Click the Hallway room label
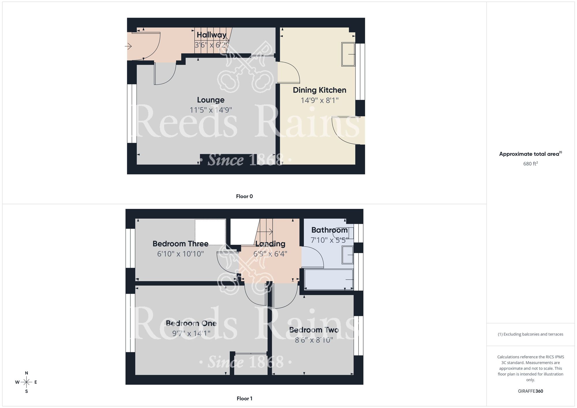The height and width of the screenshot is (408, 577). click(211, 35)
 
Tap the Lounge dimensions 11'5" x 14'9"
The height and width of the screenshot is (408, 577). click(211, 110)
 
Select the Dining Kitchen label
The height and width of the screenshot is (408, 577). click(319, 90)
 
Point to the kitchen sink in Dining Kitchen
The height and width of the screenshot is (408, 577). click(348, 54)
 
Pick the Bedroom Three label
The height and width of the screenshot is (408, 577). click(180, 244)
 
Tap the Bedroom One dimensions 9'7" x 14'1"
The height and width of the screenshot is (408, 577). click(191, 334)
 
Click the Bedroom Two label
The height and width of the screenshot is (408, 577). click(314, 330)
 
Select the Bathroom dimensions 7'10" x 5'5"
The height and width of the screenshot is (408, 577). click(329, 240)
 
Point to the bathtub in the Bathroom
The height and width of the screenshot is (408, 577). click(329, 279)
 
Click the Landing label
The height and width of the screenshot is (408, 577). click(270, 244)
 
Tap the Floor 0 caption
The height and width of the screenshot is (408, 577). click(244, 196)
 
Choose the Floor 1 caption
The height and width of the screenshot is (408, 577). click(244, 398)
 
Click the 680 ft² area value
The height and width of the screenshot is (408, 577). click(530, 164)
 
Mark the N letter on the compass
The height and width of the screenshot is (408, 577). click(27, 373)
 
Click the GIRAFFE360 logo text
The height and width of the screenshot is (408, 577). click(530, 391)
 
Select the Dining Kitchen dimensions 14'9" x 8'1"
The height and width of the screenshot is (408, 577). click(319, 100)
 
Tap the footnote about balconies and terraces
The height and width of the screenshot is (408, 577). click(530, 334)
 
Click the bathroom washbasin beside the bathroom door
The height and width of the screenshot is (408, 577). click(348, 255)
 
